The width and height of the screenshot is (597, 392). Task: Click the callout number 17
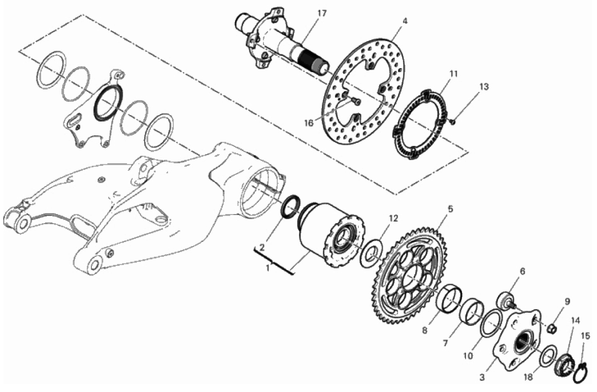coord(322,14)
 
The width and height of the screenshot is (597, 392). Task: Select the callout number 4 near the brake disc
coord(405,21)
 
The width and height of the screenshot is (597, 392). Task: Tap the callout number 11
coord(453,74)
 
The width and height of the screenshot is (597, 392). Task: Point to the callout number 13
coord(483,86)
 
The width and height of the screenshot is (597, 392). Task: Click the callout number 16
coord(309,123)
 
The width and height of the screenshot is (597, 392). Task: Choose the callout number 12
coord(393,219)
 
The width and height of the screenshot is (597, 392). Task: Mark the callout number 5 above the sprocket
coord(450,209)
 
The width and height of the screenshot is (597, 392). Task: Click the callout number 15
coord(585,337)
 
